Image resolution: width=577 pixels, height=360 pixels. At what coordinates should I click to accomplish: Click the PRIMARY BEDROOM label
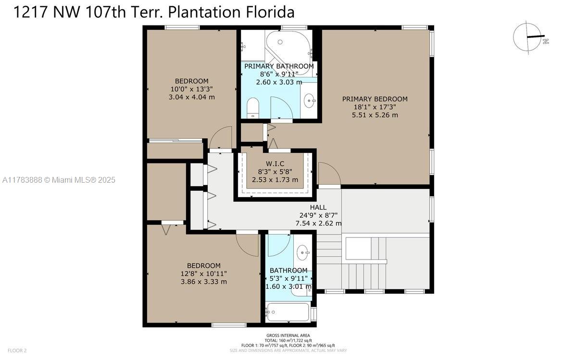point(375,99)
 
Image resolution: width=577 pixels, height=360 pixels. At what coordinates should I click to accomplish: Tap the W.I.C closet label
point(275,163)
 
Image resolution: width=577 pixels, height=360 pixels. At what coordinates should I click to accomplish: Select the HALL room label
point(318,207)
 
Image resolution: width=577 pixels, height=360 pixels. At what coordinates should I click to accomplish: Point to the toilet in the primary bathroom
point(252,108)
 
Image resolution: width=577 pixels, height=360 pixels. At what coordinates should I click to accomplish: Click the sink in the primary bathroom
point(309,100)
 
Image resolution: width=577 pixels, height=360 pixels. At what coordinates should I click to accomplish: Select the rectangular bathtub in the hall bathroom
point(288,312)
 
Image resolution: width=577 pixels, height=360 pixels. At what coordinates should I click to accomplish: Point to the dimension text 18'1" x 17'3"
point(375,107)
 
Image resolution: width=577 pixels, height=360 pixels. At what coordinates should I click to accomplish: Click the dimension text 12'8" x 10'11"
point(204,273)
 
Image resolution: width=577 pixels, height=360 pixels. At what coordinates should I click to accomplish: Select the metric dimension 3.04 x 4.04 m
point(192,97)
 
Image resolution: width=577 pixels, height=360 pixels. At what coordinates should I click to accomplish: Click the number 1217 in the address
point(31,12)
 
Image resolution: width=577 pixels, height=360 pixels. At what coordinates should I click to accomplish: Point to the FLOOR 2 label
point(17,350)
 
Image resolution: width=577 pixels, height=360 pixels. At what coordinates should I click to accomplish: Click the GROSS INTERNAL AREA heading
point(288,335)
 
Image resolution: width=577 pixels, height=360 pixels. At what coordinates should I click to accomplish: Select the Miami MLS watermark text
point(59,180)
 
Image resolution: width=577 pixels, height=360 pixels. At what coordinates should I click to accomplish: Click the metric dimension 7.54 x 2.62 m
point(318,223)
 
